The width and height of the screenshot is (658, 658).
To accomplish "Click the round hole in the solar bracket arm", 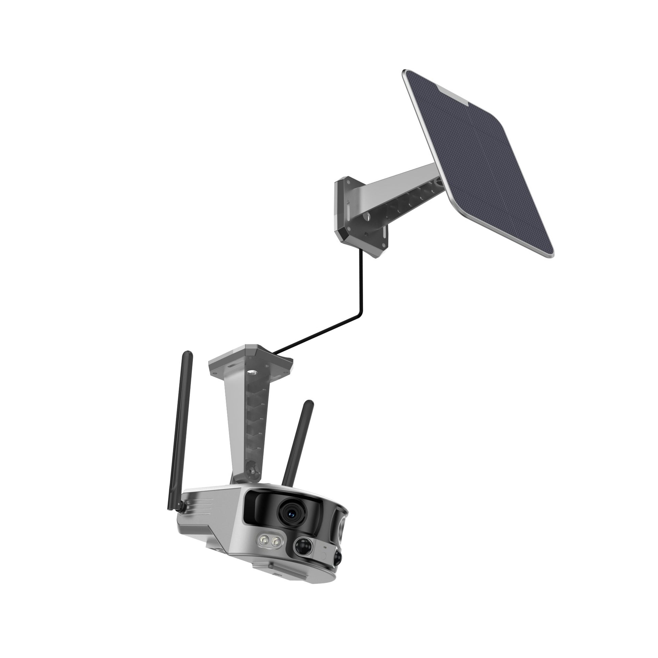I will tap(369, 215).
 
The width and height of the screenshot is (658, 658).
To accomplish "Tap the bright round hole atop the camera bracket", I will tap(253, 372).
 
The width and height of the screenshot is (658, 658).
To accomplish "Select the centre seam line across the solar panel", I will tap(477, 160).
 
